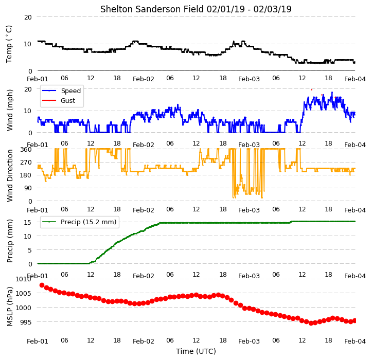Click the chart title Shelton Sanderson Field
pos(152,9)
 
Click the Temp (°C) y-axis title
pos(9,44)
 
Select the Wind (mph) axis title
pos(9,110)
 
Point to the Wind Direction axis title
pos(9,175)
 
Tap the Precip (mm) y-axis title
pos(9,241)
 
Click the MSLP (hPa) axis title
pos(9,307)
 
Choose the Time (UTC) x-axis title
pos(196,351)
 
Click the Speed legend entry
pos(70,91)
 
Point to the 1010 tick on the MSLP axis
pos(24,279)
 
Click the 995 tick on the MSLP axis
pos(26,322)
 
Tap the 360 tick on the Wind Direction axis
pos(26,150)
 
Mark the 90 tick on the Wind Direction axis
pos(28,188)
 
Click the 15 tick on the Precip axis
pos(28,222)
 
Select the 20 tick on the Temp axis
pos(28,17)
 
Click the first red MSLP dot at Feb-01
pos(42,285)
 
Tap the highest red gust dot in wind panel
pos(311,89)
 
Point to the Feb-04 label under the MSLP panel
pos(355,341)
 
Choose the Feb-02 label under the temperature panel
pos(144,79)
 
